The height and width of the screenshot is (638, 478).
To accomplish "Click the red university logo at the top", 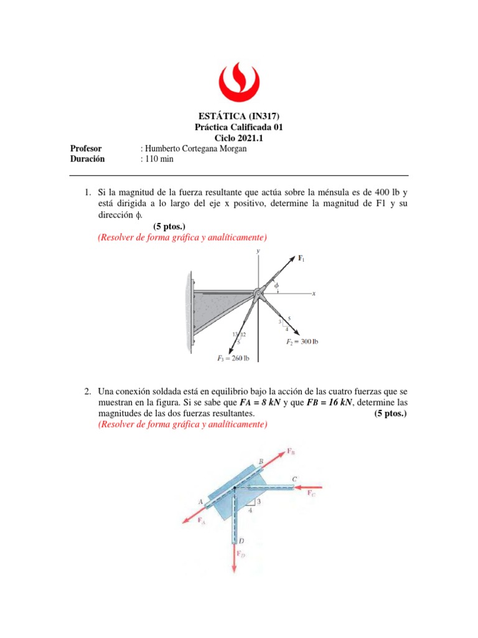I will pyautogui.click(x=239, y=78).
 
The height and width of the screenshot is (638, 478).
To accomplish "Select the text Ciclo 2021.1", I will pyautogui.click(x=239, y=138).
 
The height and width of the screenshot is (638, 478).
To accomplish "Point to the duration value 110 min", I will pyautogui.click(x=159, y=159).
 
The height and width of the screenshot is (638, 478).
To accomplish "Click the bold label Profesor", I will pyautogui.click(x=87, y=148).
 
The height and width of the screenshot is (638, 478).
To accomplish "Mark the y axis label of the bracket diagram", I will pyautogui.click(x=257, y=250).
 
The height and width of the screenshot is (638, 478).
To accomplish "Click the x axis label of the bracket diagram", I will pyautogui.click(x=314, y=293).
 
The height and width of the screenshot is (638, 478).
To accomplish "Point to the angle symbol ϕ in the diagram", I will pyautogui.click(x=276, y=285).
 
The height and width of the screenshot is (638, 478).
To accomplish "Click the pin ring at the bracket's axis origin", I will pyautogui.click(x=258, y=293).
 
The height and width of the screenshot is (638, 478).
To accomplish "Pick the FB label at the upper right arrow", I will pyautogui.click(x=291, y=451).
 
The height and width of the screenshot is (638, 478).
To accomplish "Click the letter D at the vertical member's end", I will pyautogui.click(x=241, y=540).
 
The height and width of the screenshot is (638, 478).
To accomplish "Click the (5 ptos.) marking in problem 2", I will pyautogui.click(x=390, y=414).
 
